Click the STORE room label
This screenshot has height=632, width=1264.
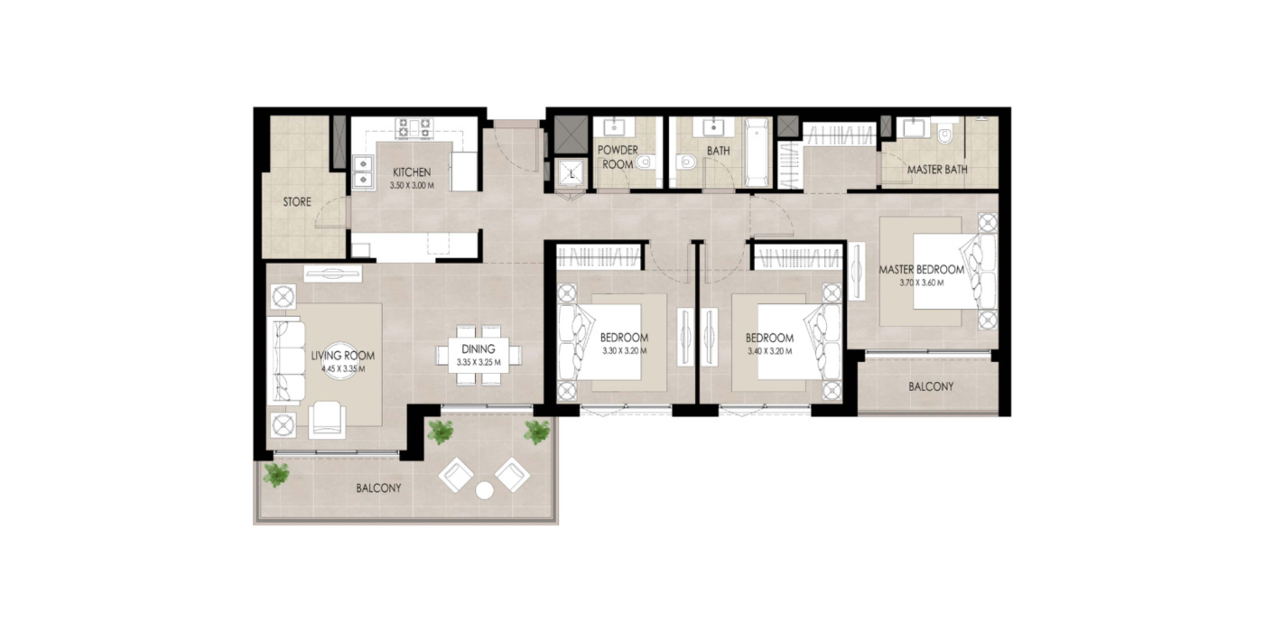[297, 201]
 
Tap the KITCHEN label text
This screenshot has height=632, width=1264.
[412, 172]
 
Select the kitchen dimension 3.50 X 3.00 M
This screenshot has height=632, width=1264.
[412, 185]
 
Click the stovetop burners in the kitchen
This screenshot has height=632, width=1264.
[414, 127]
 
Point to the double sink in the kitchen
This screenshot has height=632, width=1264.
[363, 172]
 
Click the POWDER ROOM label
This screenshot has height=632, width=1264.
[618, 157]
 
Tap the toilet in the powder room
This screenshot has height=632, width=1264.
[643, 163]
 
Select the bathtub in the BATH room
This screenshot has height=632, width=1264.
[757, 153]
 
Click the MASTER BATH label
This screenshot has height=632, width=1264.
[937, 170]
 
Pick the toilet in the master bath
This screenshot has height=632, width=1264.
[944, 133]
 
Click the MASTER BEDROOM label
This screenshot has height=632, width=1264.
[921, 270]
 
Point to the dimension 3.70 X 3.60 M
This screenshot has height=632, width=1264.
[921, 283]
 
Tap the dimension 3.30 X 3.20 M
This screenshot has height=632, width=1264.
[624, 350]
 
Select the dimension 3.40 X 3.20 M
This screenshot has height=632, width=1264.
[769, 351]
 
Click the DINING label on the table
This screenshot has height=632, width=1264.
[478, 349]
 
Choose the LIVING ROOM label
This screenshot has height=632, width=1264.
[342, 356]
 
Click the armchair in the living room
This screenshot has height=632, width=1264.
[327, 419]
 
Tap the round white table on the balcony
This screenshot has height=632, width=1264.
[484, 491]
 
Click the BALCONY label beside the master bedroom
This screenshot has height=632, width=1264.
[931, 386]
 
